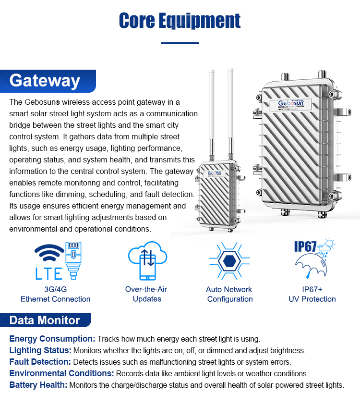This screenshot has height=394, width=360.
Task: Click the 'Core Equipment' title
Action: (180, 21)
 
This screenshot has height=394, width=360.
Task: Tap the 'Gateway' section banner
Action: (45, 80)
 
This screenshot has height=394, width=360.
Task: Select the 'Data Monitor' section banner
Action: (45, 320)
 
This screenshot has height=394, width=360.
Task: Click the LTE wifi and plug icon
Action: (56, 261)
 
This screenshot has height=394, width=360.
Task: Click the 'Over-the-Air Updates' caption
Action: (146, 294)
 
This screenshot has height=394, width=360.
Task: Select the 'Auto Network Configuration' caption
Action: (229, 294)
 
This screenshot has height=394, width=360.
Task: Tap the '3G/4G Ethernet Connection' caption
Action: (55, 294)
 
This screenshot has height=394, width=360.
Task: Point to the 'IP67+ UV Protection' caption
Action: (312, 294)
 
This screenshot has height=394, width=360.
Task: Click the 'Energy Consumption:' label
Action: (52, 339)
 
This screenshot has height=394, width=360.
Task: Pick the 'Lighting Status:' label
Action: (40, 350)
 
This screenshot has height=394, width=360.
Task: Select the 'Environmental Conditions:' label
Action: (61, 373)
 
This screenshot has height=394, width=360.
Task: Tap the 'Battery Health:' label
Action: (38, 385)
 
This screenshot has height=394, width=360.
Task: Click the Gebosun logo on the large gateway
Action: (295, 103)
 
